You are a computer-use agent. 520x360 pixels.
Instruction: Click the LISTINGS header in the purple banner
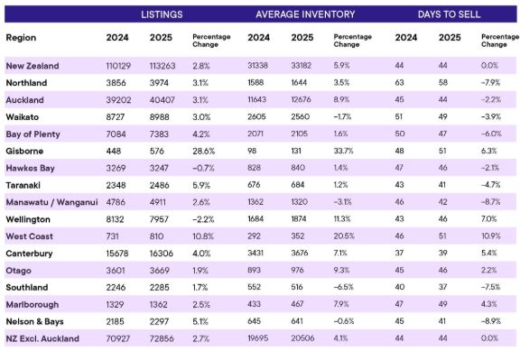(x=162, y=14)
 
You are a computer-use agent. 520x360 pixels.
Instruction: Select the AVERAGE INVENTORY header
(x=305, y=14)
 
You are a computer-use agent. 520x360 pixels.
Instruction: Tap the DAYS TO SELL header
(x=449, y=14)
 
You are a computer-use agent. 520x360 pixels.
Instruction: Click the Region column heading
(x=21, y=38)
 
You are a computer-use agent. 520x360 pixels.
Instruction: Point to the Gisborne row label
(x=24, y=152)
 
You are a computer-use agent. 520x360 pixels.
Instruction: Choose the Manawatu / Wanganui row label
(x=51, y=202)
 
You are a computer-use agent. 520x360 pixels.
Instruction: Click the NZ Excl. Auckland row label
(x=42, y=338)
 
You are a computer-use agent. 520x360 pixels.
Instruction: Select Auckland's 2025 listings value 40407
(x=162, y=100)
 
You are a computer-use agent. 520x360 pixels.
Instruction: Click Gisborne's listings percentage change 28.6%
(x=204, y=152)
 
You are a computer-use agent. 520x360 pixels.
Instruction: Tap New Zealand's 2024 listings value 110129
(x=118, y=66)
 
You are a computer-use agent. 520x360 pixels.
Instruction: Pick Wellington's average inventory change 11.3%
(x=343, y=218)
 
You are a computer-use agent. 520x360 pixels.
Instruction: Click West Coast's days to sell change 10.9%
(x=490, y=236)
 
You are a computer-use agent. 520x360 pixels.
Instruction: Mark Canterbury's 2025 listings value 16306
(x=162, y=254)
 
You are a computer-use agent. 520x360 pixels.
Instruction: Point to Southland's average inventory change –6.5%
(x=344, y=287)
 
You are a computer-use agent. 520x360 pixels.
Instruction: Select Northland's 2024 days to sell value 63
(x=399, y=82)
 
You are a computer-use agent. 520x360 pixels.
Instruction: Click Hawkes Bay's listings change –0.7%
(x=203, y=168)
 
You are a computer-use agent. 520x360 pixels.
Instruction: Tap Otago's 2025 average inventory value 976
(x=298, y=270)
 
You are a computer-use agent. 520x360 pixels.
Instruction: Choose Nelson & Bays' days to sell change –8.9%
(x=491, y=321)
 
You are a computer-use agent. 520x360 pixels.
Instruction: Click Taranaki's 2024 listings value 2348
(x=116, y=185)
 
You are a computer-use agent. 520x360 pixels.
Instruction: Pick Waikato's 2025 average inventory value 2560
(x=300, y=116)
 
